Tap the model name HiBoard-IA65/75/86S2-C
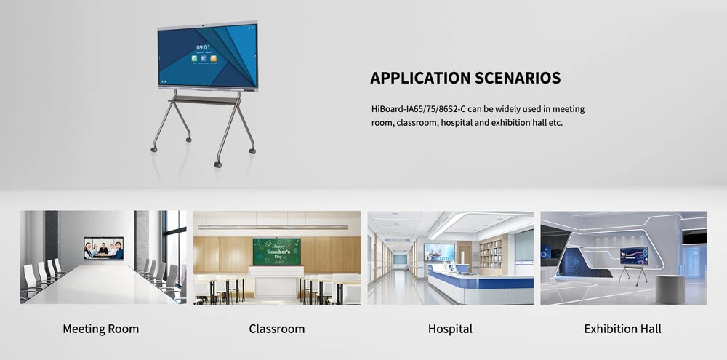[x=419, y=110]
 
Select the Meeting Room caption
[x=100, y=329]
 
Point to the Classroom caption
[x=277, y=329]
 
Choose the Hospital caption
[x=450, y=329]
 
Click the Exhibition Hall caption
[x=623, y=329]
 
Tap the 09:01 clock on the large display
[x=203, y=47]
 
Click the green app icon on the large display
[x=195, y=58]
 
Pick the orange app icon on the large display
[x=213, y=58]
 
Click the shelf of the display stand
[x=204, y=100]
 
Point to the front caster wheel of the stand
[x=217, y=164]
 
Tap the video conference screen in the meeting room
[x=104, y=248]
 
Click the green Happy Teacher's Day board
[x=277, y=252]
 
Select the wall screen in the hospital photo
[x=439, y=252]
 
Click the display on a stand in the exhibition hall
[x=634, y=255]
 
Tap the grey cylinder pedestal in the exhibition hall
[x=670, y=289]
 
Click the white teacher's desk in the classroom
[x=276, y=281]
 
